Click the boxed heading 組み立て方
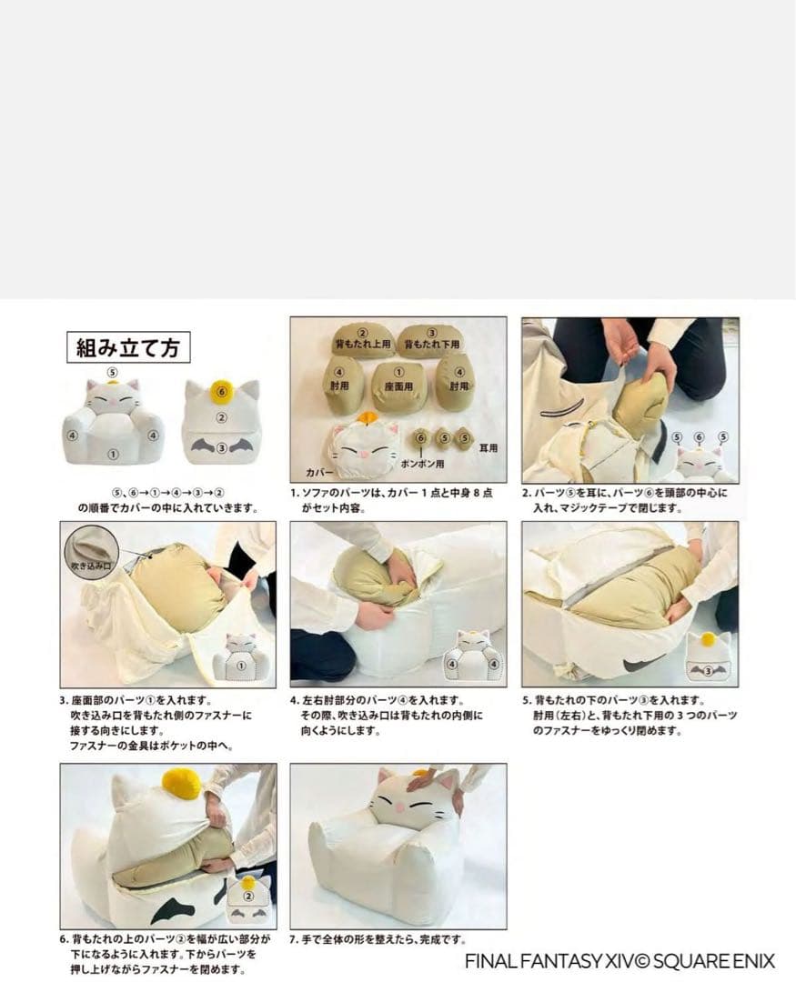pyautogui.click(x=128, y=347)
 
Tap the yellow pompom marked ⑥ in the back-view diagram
pyautogui.click(x=221, y=391)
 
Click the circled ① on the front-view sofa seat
pyautogui.click(x=112, y=455)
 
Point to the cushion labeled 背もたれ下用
pyautogui.click(x=431, y=340)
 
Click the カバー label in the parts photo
pyautogui.click(x=318, y=472)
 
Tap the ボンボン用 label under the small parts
pyautogui.click(x=423, y=464)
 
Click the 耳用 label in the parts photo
pyautogui.click(x=489, y=447)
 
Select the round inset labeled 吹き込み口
pyautogui.click(x=92, y=552)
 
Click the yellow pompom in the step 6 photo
pyautogui.click(x=181, y=780)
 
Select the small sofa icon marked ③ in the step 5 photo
pyautogui.click(x=709, y=657)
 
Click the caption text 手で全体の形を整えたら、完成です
pyautogui.click(x=384, y=939)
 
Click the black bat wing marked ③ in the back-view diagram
pyautogui.click(x=221, y=447)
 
